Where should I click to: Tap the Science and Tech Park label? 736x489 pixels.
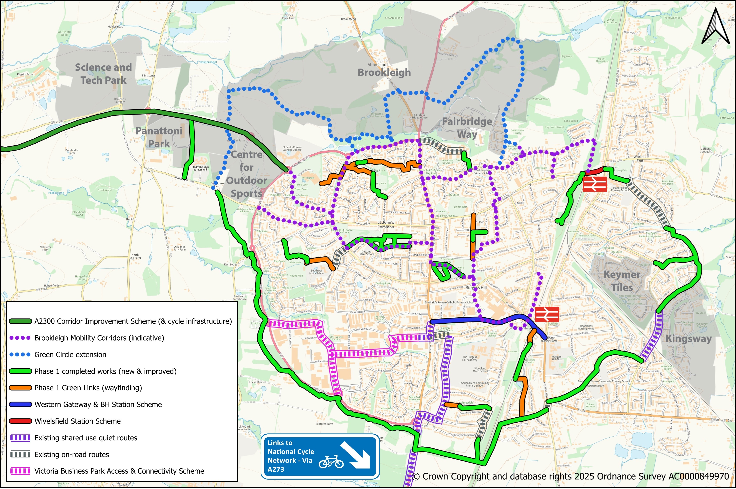click(103, 74)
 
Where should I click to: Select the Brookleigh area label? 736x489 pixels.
click(384, 72)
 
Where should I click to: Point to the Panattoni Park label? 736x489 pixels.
click(159, 137)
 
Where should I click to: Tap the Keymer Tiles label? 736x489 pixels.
click(622, 281)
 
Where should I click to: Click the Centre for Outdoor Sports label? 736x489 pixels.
click(247, 174)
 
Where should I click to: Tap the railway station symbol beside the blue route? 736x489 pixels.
click(547, 314)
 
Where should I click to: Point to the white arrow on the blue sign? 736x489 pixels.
click(355, 455)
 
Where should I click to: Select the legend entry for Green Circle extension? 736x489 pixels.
click(70, 354)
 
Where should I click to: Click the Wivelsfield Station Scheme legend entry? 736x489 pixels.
click(77, 421)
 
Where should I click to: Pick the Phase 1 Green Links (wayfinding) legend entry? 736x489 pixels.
click(88, 388)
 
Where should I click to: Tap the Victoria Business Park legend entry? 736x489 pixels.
click(119, 471)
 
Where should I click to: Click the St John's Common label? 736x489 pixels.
click(386, 225)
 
